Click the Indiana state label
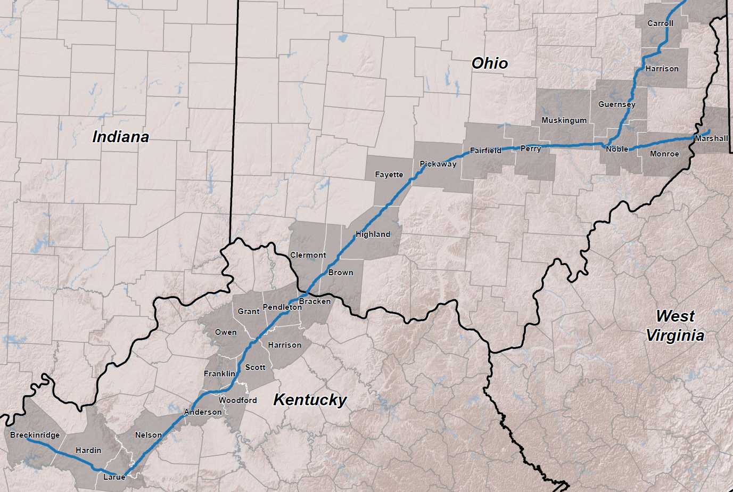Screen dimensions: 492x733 (120, 137)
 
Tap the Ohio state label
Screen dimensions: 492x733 (490, 63)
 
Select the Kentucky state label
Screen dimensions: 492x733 (310, 400)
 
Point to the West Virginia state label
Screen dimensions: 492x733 (676, 326)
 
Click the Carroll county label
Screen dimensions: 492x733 (660, 23)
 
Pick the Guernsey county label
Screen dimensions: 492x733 (616, 104)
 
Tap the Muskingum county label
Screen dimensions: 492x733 (564, 120)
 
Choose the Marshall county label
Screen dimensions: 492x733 (711, 138)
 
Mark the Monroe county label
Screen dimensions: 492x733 (664, 154)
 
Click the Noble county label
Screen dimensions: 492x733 (617, 149)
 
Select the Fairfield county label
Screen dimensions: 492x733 (485, 151)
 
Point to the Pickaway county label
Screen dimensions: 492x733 (438, 164)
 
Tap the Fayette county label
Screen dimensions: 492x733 (389, 175)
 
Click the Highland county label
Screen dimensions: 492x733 (373, 234)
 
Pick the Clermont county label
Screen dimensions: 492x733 (308, 255)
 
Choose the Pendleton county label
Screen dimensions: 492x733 (282, 307)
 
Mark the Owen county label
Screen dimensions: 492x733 (226, 332)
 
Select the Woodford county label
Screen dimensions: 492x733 (237, 400)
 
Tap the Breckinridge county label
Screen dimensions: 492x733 (35, 435)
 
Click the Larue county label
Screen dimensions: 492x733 (114, 477)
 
